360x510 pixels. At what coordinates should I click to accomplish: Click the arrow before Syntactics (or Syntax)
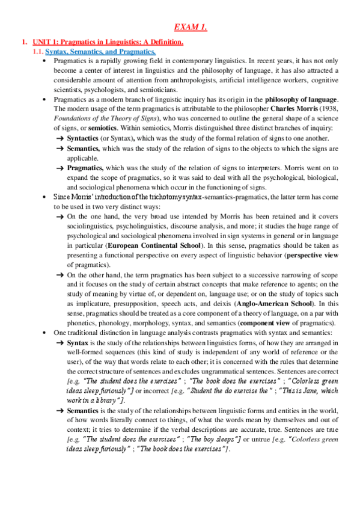coord(59,138)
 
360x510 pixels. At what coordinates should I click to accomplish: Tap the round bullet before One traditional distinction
coord(45,333)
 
